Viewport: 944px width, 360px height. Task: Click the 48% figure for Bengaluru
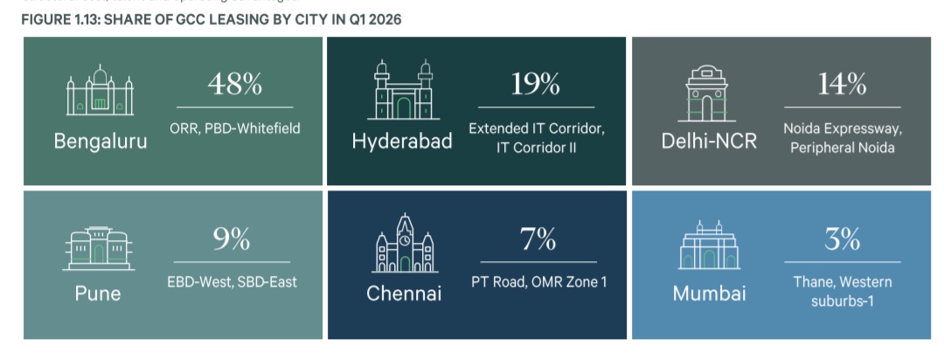pos(234,85)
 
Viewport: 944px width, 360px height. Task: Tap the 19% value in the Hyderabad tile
pos(535,85)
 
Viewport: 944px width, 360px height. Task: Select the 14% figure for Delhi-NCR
pos(842,85)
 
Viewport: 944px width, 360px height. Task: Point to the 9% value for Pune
pos(232,239)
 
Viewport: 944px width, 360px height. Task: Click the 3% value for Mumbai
pos(842,239)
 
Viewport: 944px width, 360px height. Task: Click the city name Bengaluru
pos(101,141)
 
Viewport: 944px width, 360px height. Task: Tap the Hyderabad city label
pos(402,141)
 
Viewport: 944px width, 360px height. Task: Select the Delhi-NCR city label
pos(709,141)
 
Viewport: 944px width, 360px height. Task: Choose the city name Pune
pos(98,294)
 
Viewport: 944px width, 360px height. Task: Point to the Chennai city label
pos(404,294)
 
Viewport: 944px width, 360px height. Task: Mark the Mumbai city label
pos(709,294)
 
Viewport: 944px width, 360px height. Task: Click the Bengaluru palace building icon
pos(101,91)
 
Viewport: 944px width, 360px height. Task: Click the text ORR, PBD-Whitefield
pos(233,128)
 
